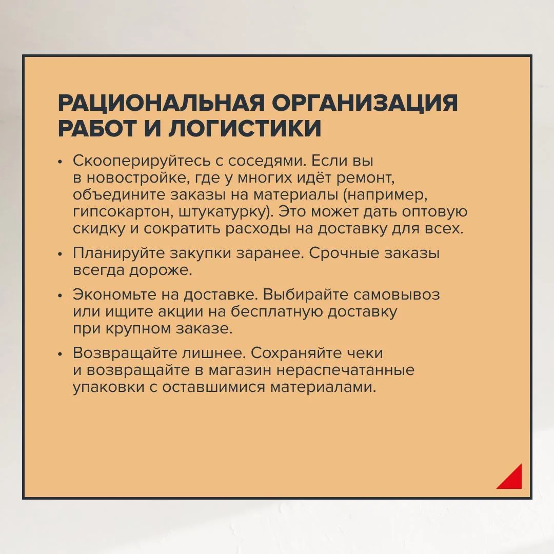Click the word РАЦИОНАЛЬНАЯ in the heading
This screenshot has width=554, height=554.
(x=161, y=103)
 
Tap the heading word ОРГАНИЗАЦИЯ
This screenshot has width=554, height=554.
(x=365, y=103)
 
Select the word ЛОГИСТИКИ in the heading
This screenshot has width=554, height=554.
(x=245, y=128)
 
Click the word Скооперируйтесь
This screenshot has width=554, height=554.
(x=142, y=161)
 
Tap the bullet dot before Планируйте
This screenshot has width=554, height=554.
(x=60, y=254)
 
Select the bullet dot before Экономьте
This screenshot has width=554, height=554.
(x=60, y=295)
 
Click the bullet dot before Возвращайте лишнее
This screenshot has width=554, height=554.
(x=60, y=354)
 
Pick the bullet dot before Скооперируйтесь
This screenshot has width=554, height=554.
(x=60, y=162)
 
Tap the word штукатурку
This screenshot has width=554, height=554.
(x=226, y=212)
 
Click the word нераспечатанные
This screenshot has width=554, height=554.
(x=345, y=371)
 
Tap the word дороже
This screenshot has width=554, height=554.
(x=161, y=271)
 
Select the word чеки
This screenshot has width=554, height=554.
(x=365, y=353)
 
